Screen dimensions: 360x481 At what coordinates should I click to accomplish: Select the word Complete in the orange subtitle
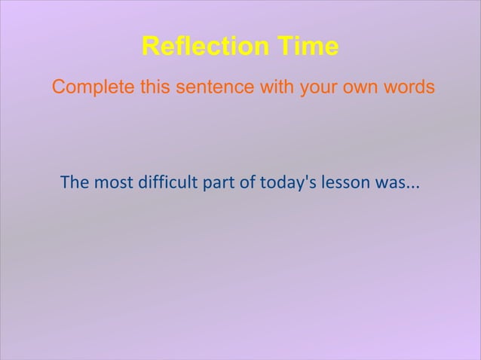tap(93, 87)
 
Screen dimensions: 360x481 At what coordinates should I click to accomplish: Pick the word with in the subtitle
tap(278, 87)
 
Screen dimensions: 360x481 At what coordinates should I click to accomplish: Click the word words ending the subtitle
tap(409, 87)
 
